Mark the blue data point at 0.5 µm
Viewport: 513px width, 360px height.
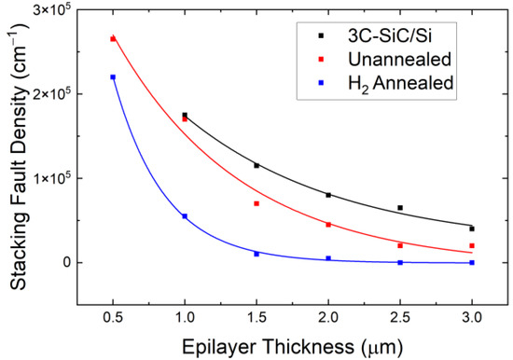[113, 77]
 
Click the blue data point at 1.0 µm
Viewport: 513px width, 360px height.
[185, 216]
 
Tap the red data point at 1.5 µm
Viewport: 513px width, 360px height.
[256, 203]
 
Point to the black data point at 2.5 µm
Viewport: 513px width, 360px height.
[400, 208]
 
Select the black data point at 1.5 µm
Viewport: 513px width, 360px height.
[256, 165]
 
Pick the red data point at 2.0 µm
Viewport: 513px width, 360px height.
[328, 225]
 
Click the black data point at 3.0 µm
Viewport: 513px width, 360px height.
[472, 228]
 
